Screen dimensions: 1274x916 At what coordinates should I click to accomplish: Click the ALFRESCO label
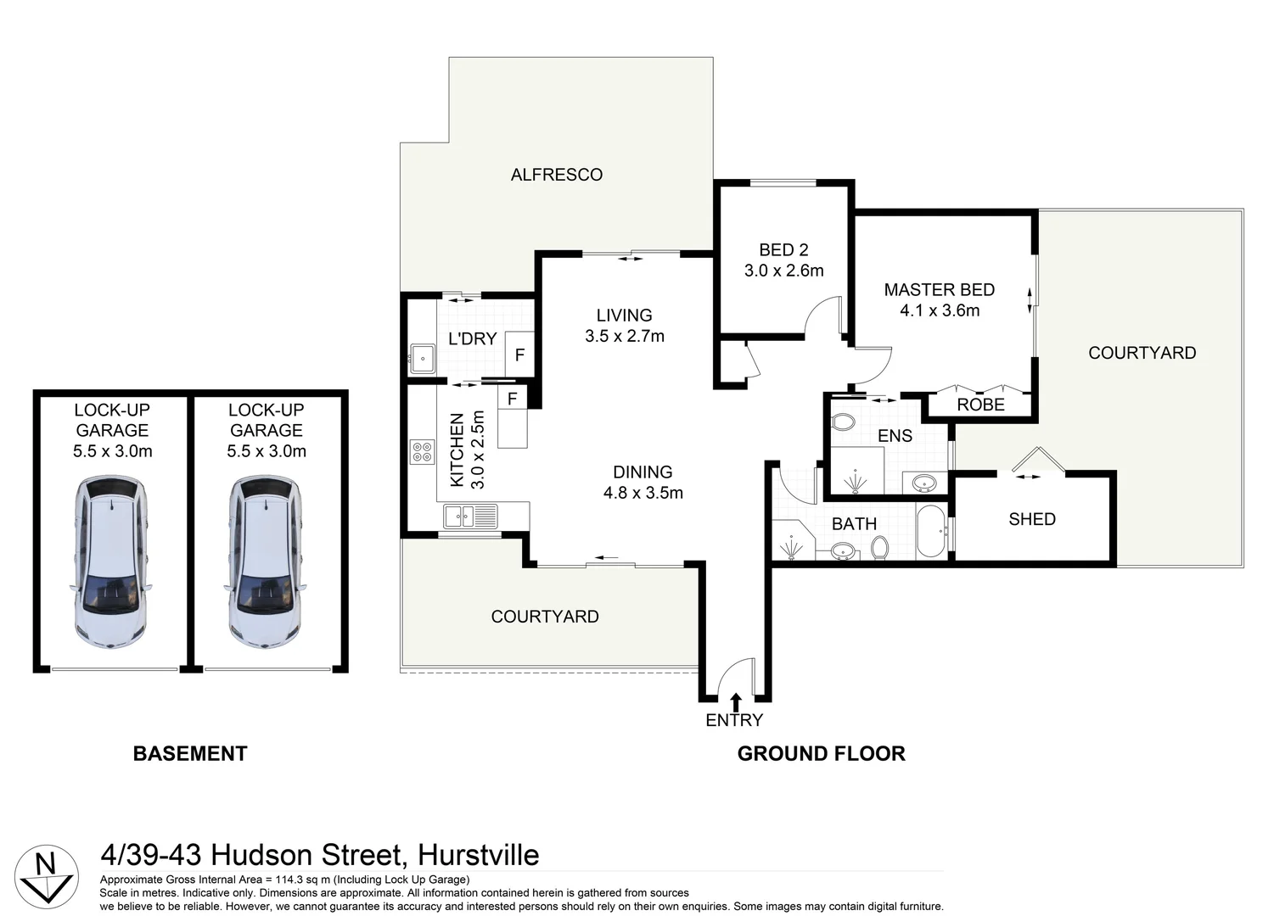tap(556, 175)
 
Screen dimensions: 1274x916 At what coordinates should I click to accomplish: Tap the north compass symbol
tap(46, 876)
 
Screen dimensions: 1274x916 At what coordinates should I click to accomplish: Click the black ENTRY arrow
tap(736, 701)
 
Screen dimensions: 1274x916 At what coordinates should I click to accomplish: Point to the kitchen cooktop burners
tap(422, 452)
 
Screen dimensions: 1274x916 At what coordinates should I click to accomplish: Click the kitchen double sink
tap(470, 517)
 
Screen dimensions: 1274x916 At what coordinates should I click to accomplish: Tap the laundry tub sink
tap(422, 359)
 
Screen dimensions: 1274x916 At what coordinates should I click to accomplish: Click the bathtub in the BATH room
tap(931, 531)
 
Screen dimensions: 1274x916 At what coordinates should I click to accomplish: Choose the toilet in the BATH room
tap(880, 548)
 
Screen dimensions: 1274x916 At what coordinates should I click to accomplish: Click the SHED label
tap(1032, 519)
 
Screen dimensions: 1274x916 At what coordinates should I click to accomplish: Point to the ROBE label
tap(980, 405)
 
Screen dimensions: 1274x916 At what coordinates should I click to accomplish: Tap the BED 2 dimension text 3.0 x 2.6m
tap(783, 271)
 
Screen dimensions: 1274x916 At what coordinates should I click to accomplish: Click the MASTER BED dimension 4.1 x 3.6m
tap(940, 310)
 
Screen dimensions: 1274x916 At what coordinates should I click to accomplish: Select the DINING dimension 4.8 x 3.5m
tap(643, 493)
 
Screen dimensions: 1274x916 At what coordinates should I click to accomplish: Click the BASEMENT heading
tap(190, 753)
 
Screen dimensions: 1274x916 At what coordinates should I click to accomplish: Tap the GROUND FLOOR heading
tap(822, 753)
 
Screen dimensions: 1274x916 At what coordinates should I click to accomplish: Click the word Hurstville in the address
tap(479, 855)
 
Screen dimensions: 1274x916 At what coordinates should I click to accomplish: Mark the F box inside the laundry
tap(519, 355)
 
